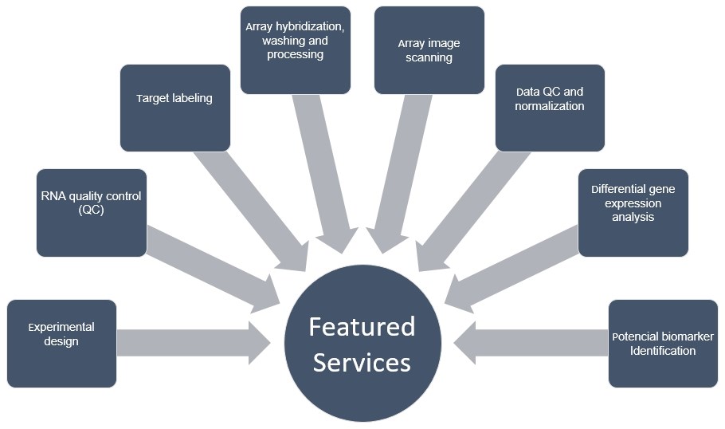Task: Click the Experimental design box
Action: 61,343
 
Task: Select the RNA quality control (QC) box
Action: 91,212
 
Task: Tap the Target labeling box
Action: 174,108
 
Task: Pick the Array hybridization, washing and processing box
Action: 296,49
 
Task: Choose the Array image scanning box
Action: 429,49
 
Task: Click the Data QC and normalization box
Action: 550,108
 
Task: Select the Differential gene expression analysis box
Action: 633,212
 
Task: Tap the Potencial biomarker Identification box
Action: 663,343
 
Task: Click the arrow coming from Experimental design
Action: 191,343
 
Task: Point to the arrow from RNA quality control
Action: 211,268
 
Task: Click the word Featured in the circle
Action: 362,327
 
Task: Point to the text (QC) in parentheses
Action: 91,210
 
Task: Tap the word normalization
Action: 549,106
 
